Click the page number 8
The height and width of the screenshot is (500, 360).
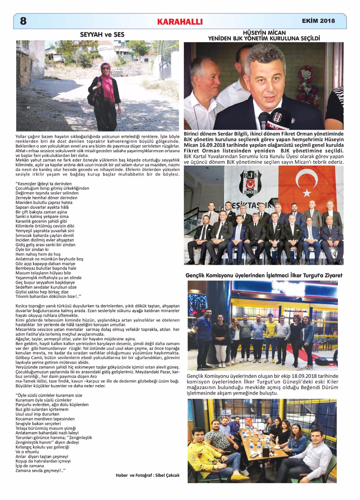[x=23, y=21]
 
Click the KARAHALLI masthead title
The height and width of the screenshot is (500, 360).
[x=180, y=22]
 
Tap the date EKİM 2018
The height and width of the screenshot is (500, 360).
[x=318, y=21]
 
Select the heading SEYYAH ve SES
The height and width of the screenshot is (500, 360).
[x=102, y=35]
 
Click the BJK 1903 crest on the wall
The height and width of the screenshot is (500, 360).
[x=250, y=184]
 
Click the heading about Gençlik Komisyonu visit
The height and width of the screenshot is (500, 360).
[x=264, y=275]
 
